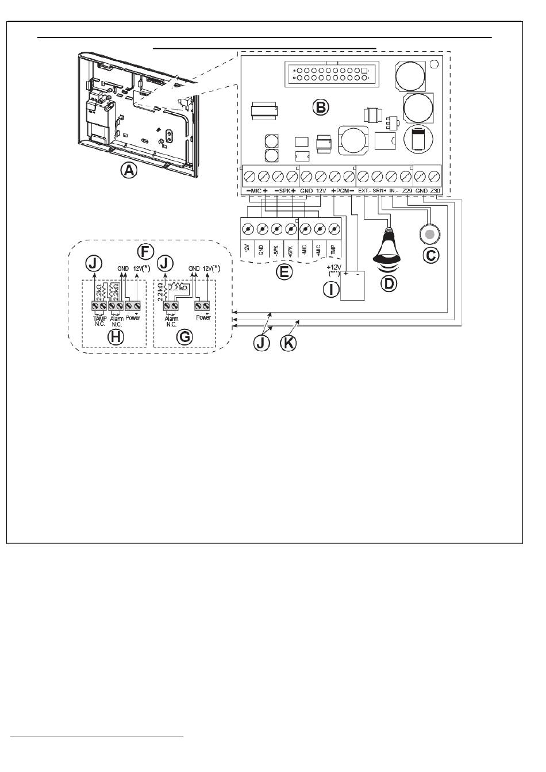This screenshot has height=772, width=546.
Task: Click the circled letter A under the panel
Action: [x=129, y=171]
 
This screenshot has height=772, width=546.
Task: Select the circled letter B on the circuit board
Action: [x=320, y=106]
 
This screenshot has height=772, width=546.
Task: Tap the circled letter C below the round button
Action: [x=430, y=255]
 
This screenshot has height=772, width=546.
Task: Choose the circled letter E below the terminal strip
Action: [x=283, y=272]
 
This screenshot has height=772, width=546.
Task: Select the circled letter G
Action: [x=184, y=337]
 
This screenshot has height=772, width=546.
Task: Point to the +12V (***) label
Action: [x=334, y=271]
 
